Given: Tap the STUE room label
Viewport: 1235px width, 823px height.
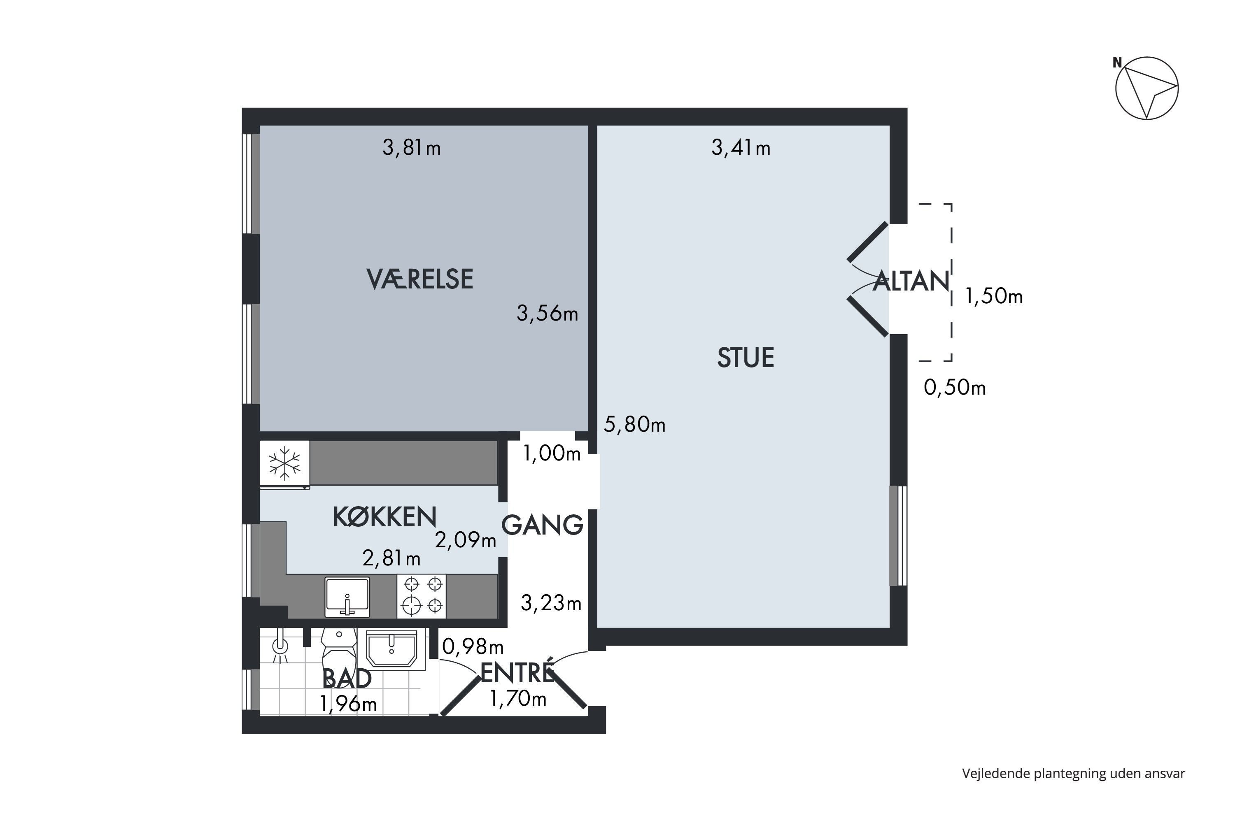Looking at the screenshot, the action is (x=745, y=358).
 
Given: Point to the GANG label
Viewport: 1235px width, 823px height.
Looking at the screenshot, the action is (x=543, y=525).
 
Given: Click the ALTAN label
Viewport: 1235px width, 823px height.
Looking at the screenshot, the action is (x=911, y=281).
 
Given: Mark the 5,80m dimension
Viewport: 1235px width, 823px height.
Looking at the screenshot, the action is (x=634, y=424).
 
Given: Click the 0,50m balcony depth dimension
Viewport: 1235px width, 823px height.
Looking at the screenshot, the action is (x=955, y=388).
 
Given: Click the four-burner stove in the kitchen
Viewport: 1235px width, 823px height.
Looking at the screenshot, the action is (x=422, y=596).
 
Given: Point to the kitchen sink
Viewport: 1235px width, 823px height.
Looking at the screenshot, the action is (x=347, y=597).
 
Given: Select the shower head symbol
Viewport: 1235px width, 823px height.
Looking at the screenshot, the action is (x=281, y=646).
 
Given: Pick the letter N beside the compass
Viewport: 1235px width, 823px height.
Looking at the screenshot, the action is (x=1117, y=63).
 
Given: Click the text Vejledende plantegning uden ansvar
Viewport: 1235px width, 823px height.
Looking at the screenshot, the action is (x=1073, y=773).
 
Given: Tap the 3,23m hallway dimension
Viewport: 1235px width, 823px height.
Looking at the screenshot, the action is (x=551, y=604).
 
